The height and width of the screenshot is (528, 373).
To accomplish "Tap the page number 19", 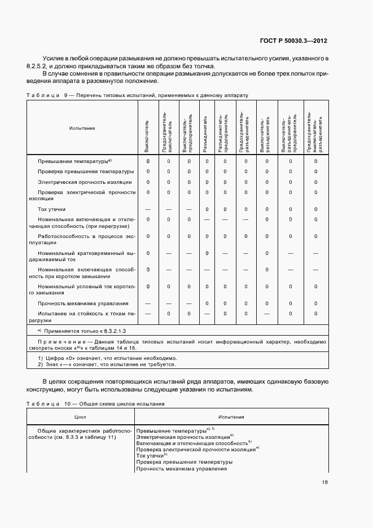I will click(325, 482).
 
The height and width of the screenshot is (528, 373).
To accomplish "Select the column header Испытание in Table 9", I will click(82, 128).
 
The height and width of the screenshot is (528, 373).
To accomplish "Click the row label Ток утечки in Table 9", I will click(52, 209).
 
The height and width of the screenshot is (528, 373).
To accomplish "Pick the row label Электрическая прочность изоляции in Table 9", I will click(85, 182).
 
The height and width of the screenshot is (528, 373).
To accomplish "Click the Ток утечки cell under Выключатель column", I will click(148, 209).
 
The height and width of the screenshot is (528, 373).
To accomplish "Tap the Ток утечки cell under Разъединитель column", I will click(207, 209).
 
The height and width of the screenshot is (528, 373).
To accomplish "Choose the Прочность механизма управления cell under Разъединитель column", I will click(207, 303).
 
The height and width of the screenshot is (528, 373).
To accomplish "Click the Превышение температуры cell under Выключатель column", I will click(148, 161).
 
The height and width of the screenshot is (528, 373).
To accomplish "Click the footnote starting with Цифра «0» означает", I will click(90, 359).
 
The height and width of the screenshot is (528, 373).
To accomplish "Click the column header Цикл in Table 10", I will click(81, 417).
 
